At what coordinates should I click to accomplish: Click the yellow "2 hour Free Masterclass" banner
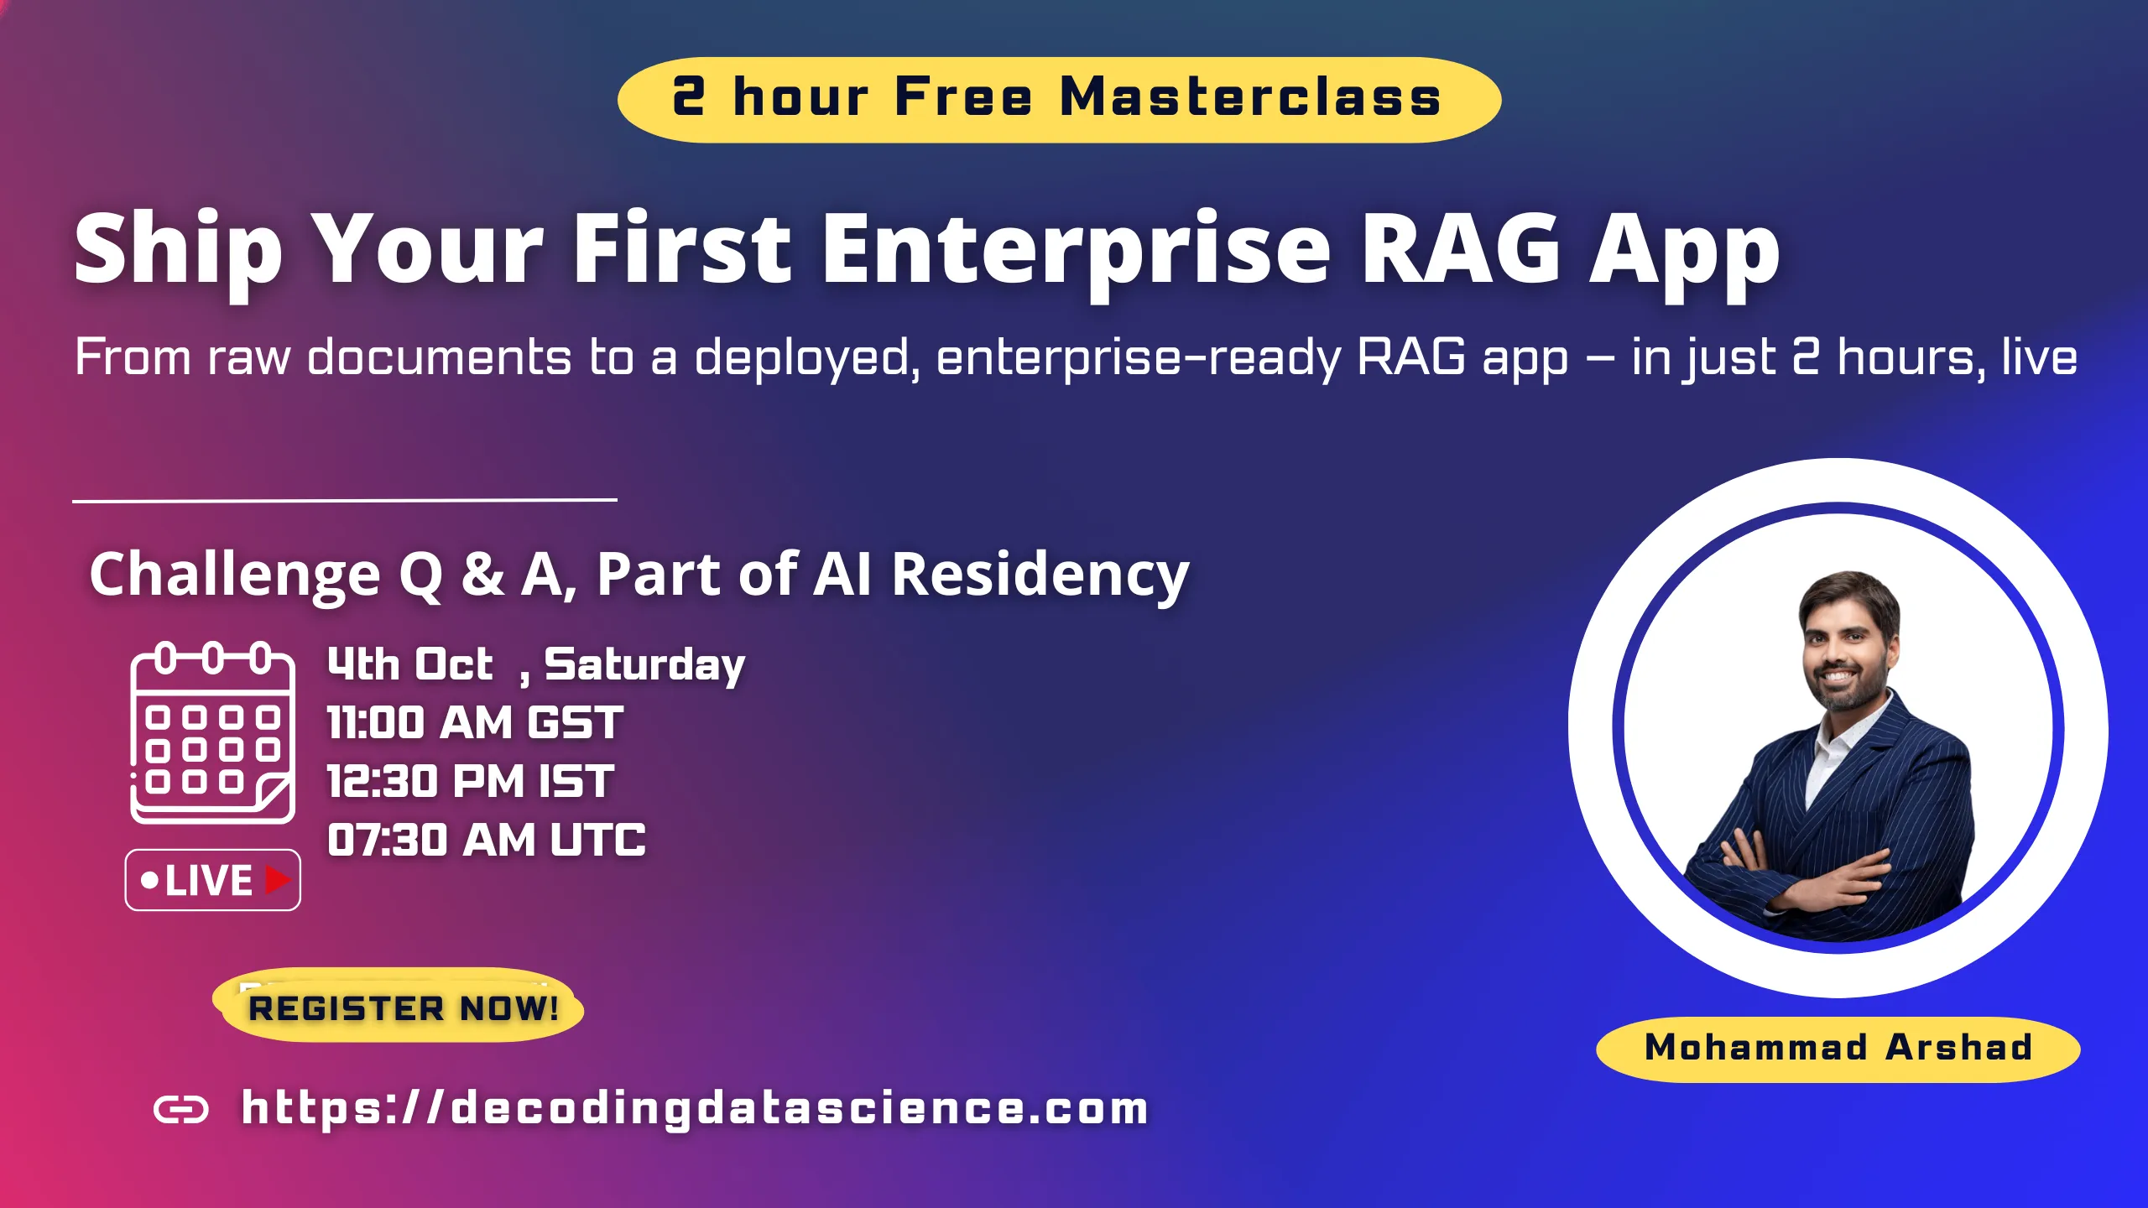[1059, 99]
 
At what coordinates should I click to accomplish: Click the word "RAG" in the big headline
[1461, 249]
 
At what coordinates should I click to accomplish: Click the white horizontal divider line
[345, 501]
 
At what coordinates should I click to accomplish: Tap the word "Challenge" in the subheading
[235, 575]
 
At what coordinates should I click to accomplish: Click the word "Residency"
[1040, 575]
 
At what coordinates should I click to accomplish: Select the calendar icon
[212, 732]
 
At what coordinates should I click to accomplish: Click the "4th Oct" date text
[409, 664]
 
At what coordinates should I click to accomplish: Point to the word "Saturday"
[644, 666]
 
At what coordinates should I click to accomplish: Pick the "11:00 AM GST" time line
[475, 722]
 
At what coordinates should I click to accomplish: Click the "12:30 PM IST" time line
[471, 781]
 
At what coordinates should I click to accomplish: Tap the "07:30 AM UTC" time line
[487, 840]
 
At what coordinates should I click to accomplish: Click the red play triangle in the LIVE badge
[277, 879]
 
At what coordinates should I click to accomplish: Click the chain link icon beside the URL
[181, 1110]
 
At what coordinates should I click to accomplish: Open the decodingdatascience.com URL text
[695, 1108]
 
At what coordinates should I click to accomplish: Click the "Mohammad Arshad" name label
[1838, 1049]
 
